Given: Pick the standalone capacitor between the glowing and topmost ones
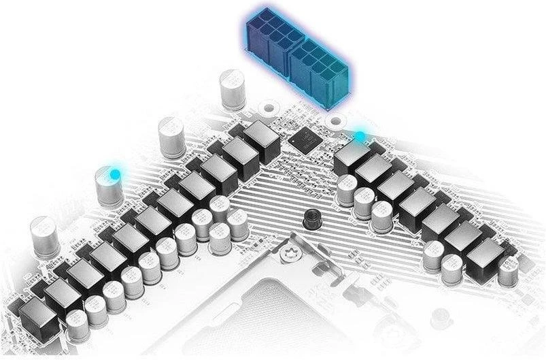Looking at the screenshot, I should click(x=170, y=136).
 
